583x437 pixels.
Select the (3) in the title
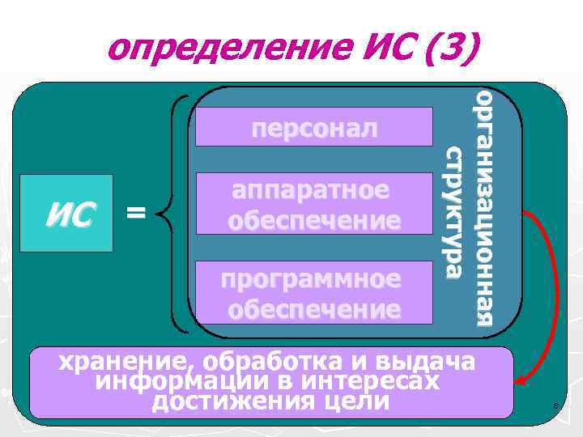click(445, 49)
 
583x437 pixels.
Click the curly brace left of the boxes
click(172, 214)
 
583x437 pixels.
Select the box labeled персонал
click(314, 127)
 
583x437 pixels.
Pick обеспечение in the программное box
click(314, 309)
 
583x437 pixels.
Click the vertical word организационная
click(484, 206)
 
